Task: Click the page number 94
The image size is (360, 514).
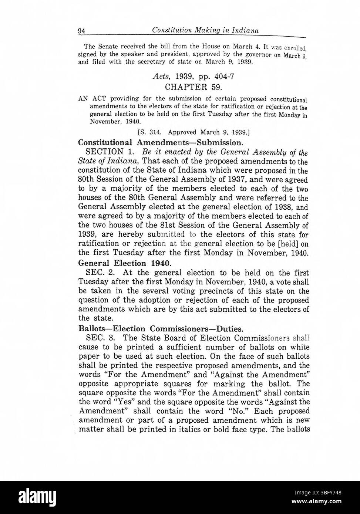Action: pyautogui.click(x=82, y=31)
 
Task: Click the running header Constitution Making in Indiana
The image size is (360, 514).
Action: pyautogui.click(x=205, y=30)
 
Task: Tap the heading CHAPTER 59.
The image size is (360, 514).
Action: pyautogui.click(x=193, y=87)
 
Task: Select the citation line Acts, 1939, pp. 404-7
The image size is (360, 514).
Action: pyautogui.click(x=193, y=77)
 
